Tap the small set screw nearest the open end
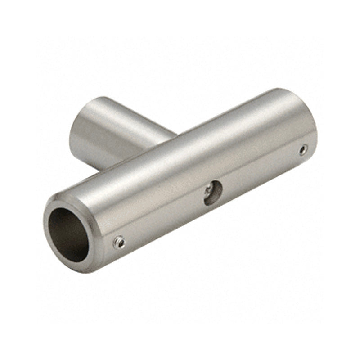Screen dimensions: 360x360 pyautogui.click(x=120, y=243)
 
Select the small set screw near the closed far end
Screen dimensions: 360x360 pyautogui.click(x=304, y=148)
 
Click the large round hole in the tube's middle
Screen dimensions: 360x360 pyautogui.click(x=213, y=193)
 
